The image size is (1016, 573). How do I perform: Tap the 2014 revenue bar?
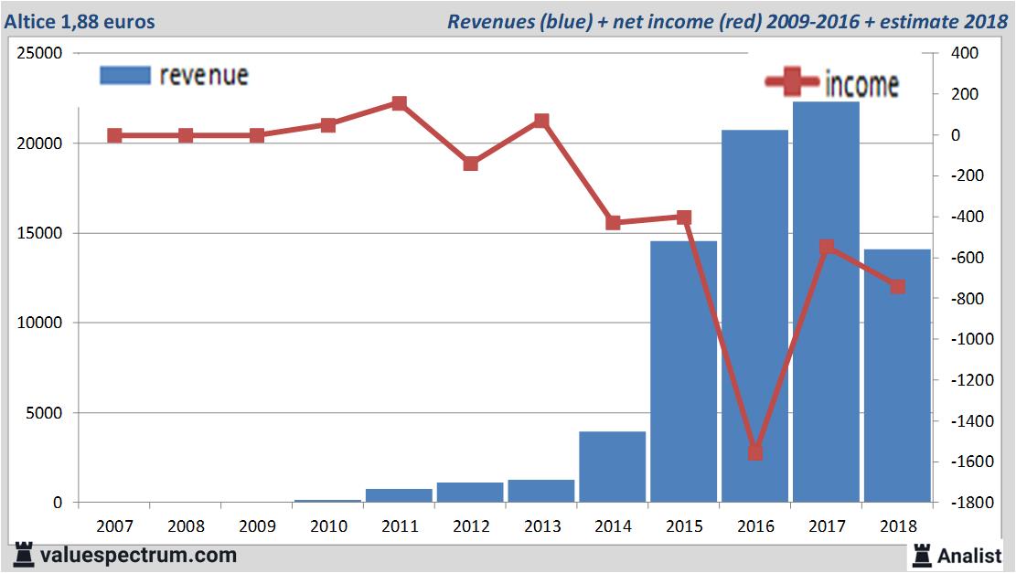[x=612, y=466]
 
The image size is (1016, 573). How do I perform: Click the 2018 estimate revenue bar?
[x=897, y=384]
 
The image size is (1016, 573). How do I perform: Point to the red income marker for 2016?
[x=755, y=452]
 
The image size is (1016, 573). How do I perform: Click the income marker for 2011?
[x=399, y=103]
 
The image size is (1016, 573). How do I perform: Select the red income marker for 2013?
[x=541, y=121]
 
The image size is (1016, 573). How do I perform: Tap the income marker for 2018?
[x=898, y=287]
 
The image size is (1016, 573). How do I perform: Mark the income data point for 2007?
[x=114, y=135]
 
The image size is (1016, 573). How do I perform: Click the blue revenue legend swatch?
[x=124, y=75]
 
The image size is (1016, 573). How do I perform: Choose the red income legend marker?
[x=792, y=82]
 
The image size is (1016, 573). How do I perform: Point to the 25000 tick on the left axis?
[x=41, y=54]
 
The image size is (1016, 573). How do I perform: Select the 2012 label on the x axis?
[x=470, y=526]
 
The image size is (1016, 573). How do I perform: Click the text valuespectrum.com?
[x=138, y=555]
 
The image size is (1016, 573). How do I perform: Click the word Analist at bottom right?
[x=969, y=555]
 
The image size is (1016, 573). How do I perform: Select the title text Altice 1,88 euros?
[x=80, y=21]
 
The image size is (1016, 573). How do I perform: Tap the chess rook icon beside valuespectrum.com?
[x=24, y=555]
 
